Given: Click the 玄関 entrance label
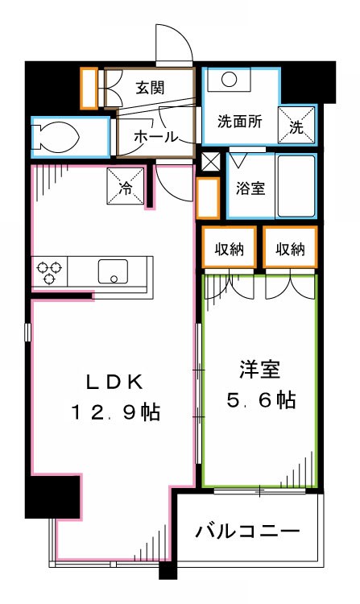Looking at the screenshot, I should (150, 87).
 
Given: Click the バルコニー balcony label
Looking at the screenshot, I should (248, 532).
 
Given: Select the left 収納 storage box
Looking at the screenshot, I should (229, 249).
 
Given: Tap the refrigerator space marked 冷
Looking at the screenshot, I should (126, 186).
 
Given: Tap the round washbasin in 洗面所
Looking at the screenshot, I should (228, 80).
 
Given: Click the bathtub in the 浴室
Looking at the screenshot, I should (296, 187).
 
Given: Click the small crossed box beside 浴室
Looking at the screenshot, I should (210, 161).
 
